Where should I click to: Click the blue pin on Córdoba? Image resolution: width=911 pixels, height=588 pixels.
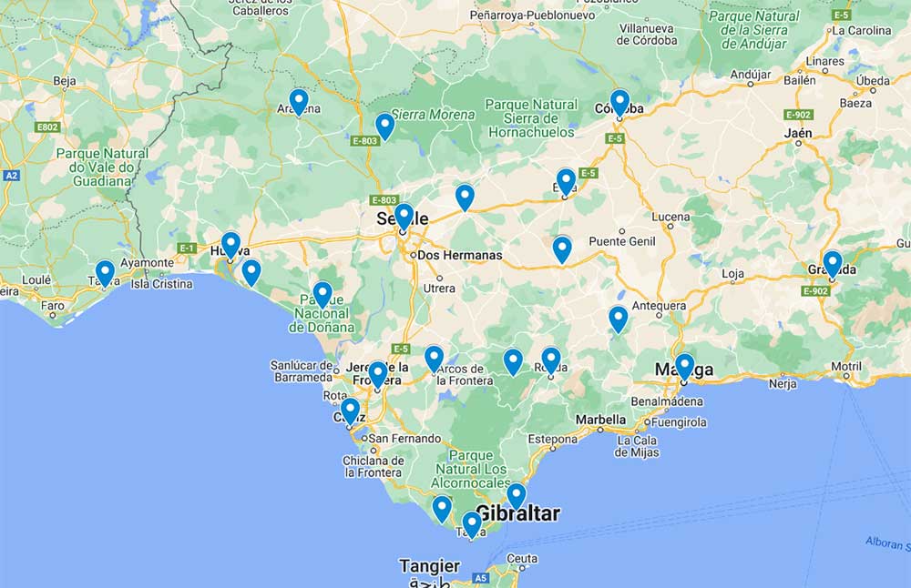[619, 102]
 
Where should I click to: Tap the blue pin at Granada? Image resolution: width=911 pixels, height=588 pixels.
[832, 263]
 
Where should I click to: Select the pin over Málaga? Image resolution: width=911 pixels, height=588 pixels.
[684, 366]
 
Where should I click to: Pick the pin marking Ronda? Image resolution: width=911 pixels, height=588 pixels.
[550, 360]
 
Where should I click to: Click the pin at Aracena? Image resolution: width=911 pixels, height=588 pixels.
[298, 101]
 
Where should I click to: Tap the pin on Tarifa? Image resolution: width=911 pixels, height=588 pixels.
[471, 524]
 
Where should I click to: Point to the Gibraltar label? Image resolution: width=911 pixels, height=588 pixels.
[518, 513]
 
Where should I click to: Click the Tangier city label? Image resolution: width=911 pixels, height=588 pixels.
[430, 566]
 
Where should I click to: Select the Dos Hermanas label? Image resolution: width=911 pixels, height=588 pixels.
[459, 255]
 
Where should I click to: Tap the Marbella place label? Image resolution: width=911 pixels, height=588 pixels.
[599, 420]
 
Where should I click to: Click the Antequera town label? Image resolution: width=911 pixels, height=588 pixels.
[659, 306]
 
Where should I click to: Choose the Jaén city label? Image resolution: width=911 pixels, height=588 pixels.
[798, 133]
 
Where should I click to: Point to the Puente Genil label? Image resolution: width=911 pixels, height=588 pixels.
[622, 241]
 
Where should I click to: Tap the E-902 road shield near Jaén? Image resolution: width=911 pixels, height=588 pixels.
[798, 115]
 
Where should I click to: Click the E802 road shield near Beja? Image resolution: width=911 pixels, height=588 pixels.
[48, 127]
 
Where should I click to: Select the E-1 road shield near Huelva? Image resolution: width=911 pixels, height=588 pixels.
[187, 248]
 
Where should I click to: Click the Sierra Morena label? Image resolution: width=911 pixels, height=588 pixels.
[434, 115]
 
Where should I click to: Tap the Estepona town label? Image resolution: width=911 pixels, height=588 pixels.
[553, 439]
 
